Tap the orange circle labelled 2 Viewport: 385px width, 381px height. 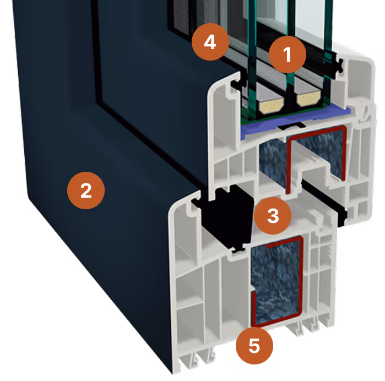click(x=86, y=190)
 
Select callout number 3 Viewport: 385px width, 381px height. click(x=273, y=216)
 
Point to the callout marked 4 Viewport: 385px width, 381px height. click(x=209, y=42)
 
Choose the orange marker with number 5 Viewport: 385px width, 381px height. click(x=254, y=346)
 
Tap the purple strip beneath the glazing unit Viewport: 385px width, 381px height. click(x=259, y=130)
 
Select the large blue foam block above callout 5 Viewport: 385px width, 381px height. click(x=275, y=281)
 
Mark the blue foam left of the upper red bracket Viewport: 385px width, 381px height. click(x=271, y=160)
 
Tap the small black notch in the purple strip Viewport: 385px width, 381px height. click(x=287, y=127)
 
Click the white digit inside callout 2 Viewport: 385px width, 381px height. click(x=86, y=190)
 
